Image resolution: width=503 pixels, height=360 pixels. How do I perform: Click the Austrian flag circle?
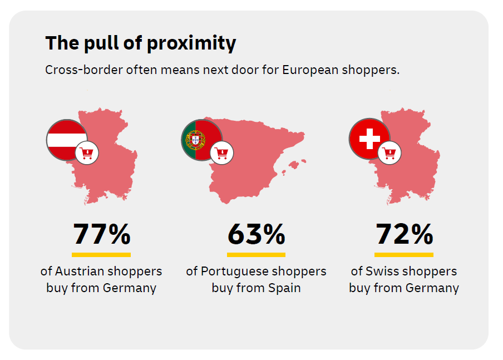point(67,140)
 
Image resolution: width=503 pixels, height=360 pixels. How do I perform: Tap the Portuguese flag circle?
point(201,140)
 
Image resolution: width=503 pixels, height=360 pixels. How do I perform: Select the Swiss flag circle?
point(369,139)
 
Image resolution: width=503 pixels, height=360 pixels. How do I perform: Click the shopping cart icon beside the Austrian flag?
point(87,153)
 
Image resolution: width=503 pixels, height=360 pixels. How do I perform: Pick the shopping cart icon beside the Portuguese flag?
point(221,153)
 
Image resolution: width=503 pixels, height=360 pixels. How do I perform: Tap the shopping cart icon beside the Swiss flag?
point(389,153)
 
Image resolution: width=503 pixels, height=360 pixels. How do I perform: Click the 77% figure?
point(102,234)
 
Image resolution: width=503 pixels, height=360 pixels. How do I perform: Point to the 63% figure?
point(257,234)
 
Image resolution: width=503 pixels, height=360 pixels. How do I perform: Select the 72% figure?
point(404,234)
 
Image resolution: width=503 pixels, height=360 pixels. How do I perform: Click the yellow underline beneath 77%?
point(101,255)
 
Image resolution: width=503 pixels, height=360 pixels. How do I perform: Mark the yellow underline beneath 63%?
point(257,255)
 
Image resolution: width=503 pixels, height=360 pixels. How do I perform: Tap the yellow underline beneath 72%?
point(404,255)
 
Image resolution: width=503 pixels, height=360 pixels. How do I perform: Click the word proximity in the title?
point(191,43)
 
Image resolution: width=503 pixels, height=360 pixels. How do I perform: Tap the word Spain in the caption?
point(284,288)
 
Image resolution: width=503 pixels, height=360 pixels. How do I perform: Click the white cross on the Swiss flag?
point(369,139)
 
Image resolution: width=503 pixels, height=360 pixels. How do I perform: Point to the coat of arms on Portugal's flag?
point(195,140)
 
